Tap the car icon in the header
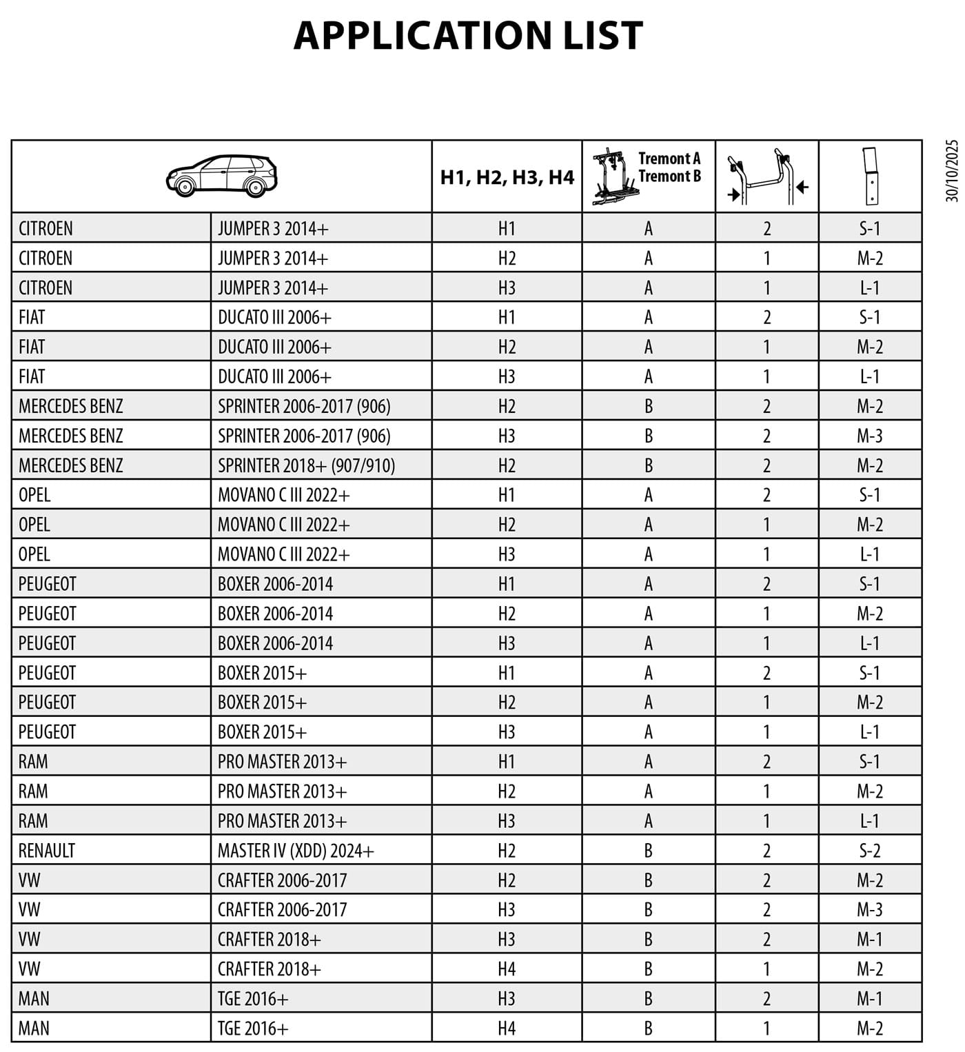[221, 176]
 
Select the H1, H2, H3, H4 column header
[507, 177]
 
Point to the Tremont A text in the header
[669, 159]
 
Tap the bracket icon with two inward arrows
[766, 176]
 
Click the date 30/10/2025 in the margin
[952, 171]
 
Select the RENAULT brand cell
[47, 851]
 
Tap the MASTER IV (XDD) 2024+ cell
[296, 851]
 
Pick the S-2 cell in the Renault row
[870, 851]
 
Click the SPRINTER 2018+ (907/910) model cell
[306, 465]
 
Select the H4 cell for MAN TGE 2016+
[507, 1029]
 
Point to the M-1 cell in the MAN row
[870, 999]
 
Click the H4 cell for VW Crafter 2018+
[507, 969]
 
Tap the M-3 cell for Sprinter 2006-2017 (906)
[870, 436]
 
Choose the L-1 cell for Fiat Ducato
[870, 376]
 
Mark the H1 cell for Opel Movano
[507, 495]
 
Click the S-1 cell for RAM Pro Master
[870, 762]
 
